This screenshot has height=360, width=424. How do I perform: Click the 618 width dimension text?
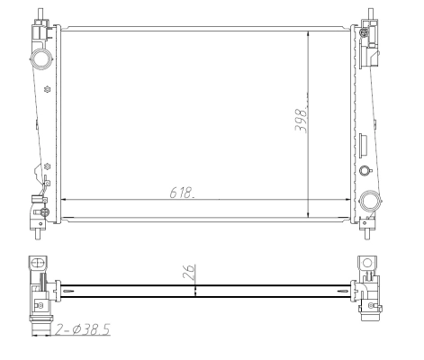(182, 193)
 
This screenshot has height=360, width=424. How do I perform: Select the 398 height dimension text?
(301, 121)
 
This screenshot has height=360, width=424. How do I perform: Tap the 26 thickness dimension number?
(189, 272)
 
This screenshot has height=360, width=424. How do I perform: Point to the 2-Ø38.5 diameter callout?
(83, 329)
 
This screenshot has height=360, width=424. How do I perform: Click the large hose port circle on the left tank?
(41, 59)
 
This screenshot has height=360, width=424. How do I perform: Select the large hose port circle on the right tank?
(370, 201)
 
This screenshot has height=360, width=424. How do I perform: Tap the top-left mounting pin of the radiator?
(41, 13)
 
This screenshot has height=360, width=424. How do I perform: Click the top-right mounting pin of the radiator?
(371, 13)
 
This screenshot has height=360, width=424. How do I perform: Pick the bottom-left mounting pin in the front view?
(38, 234)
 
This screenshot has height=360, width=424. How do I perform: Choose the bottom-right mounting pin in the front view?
(366, 234)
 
